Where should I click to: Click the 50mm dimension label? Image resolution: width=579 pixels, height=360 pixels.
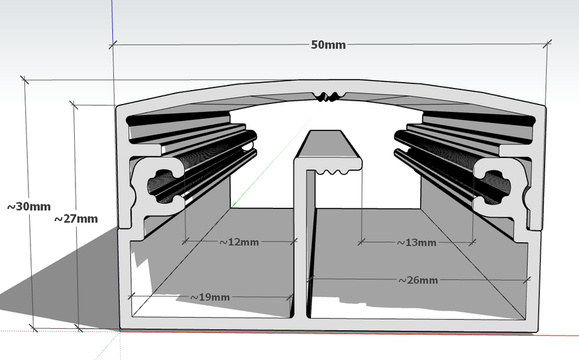pyautogui.click(x=328, y=44)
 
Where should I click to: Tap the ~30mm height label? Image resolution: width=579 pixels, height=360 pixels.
pyautogui.click(x=28, y=206)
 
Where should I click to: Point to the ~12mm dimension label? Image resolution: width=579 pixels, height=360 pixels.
pyautogui.click(x=239, y=242)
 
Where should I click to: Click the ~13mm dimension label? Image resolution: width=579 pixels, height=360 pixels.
pyautogui.click(x=416, y=242)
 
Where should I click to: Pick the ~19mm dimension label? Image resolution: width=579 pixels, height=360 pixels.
pyautogui.click(x=210, y=297)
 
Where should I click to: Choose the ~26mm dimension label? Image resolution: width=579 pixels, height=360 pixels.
pyautogui.click(x=418, y=280)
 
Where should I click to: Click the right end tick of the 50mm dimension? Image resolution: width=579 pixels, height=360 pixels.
pyautogui.click(x=547, y=44)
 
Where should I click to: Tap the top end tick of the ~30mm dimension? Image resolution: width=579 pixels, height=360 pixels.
pyautogui.click(x=25, y=80)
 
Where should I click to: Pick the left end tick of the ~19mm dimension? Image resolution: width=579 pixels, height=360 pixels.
pyautogui.click(x=132, y=296)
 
